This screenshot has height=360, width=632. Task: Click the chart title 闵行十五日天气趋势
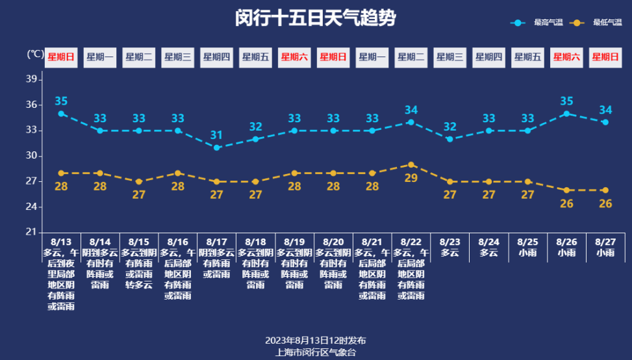315,18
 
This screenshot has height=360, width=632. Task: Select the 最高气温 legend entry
538,23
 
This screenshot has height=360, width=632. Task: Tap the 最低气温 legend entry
598,23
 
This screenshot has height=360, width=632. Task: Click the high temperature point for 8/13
61,114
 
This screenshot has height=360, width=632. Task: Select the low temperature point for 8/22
411,164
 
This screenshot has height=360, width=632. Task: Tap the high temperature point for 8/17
216,148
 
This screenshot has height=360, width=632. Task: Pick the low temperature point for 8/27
605,190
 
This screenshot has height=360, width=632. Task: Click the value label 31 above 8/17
216,135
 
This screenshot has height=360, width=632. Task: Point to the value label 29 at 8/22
411,178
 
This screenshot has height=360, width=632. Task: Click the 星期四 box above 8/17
216,57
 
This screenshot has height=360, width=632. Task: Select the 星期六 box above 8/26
566,57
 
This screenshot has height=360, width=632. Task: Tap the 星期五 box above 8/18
255,57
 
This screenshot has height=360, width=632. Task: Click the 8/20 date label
333,241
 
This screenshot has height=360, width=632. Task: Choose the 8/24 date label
488,241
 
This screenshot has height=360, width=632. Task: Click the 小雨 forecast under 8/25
527,253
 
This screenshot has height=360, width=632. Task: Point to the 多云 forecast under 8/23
449,253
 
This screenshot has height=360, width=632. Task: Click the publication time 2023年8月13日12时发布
316,341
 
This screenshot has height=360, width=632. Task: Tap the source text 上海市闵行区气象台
316,352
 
